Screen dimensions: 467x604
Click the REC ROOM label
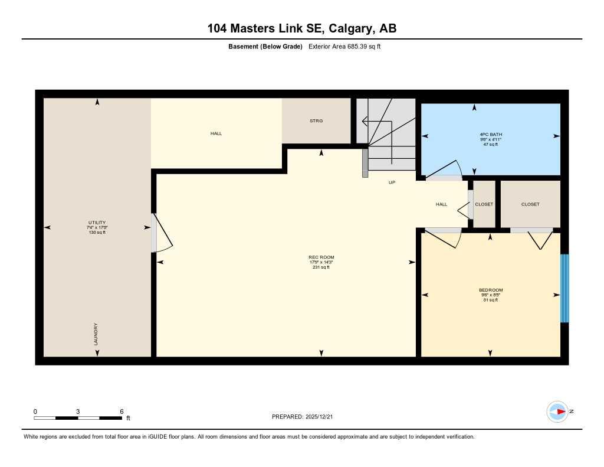point(321,257)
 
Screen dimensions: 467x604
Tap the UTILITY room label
point(97,223)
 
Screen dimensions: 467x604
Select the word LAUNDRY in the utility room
point(96,334)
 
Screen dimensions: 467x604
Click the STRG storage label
point(316,120)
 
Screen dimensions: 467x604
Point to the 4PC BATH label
point(491,135)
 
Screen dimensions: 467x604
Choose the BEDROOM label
point(490,290)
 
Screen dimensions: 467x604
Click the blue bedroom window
point(564,288)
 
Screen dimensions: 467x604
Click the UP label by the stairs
point(392,182)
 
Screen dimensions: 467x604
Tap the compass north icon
point(557,412)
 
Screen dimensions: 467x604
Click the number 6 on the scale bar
point(121,412)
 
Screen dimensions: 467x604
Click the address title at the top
point(302,28)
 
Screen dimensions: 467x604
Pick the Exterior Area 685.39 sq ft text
point(344,47)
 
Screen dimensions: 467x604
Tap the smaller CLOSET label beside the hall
point(484,204)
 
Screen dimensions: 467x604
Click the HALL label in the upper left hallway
point(216,133)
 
